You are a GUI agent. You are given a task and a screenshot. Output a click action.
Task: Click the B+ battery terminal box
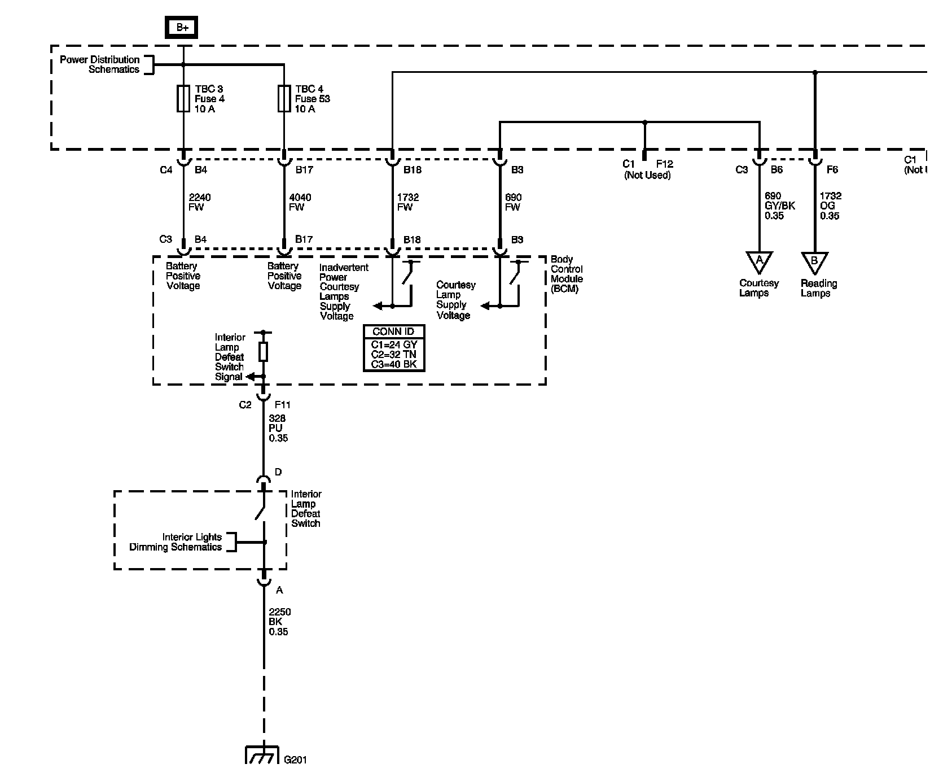tap(182, 27)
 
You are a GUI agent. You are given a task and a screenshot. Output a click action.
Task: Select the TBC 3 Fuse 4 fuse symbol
tap(183, 99)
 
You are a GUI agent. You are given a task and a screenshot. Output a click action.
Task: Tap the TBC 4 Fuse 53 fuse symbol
tap(284, 99)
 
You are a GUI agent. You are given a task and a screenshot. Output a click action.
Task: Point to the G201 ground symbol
tap(263, 755)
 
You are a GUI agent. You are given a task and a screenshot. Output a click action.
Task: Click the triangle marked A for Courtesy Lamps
tap(759, 261)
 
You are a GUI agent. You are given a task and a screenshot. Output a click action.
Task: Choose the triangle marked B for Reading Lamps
tap(814, 262)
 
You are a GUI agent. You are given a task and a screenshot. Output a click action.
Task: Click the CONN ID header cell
tap(393, 331)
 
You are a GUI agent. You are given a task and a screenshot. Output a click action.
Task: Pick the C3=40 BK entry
tap(393, 364)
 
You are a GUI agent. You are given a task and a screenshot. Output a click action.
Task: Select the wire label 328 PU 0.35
tap(278, 428)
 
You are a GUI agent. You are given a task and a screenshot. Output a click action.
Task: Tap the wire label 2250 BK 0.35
tap(279, 622)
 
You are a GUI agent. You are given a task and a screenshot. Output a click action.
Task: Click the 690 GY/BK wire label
tap(780, 206)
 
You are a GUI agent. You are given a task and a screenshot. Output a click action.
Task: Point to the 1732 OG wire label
tap(830, 206)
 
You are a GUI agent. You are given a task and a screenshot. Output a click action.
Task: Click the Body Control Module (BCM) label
tap(567, 274)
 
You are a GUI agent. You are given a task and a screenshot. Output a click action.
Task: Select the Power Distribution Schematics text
tap(99, 64)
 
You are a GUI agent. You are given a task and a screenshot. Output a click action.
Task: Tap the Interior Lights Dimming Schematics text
tap(176, 542)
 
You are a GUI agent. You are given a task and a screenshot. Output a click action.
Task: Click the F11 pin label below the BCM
tap(282, 405)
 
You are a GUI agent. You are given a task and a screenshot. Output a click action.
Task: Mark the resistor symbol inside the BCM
tap(263, 351)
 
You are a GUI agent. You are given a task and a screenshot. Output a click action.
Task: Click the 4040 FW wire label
tap(300, 202)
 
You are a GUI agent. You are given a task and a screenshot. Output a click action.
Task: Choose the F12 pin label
tap(664, 164)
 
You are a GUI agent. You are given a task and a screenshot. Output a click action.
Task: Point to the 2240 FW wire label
tap(200, 202)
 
